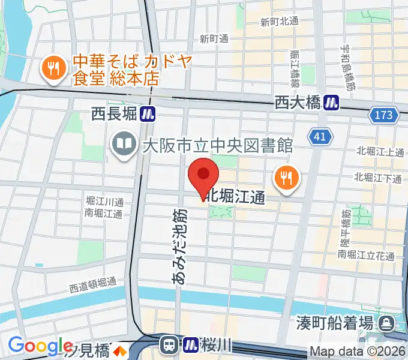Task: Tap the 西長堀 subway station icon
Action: click(148, 112)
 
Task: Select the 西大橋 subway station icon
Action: click(331, 103)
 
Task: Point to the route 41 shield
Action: click(320, 137)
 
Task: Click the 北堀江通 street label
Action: click(235, 197)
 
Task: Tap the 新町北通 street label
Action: click(280, 22)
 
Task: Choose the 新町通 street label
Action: click(214, 39)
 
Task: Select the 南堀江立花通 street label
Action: click(366, 256)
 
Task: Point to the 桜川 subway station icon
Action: click(190, 344)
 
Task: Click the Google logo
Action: click(40, 346)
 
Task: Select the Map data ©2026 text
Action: click(358, 351)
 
